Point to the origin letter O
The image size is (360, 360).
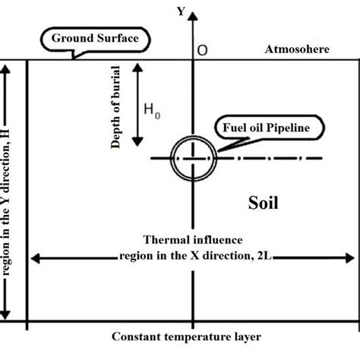[x=203, y=50]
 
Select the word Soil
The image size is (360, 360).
[x=264, y=203]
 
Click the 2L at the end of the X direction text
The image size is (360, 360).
[x=265, y=256]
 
